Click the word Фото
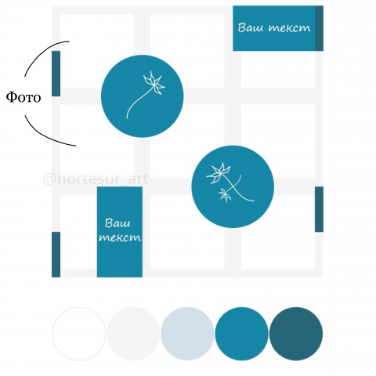point(23,97)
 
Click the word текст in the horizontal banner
point(289,28)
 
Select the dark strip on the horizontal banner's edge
point(319,28)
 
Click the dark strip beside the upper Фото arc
point(56,74)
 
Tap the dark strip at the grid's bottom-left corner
point(56,255)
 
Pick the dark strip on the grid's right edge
point(319,209)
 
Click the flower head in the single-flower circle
point(154,82)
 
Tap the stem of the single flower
point(139,103)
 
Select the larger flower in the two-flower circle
point(219,172)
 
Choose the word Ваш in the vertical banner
point(117,223)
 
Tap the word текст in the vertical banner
point(120,237)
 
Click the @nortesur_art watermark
point(96,179)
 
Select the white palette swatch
point(79,334)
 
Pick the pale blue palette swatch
point(187,334)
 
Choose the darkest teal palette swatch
point(296,334)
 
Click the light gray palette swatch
point(133,334)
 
